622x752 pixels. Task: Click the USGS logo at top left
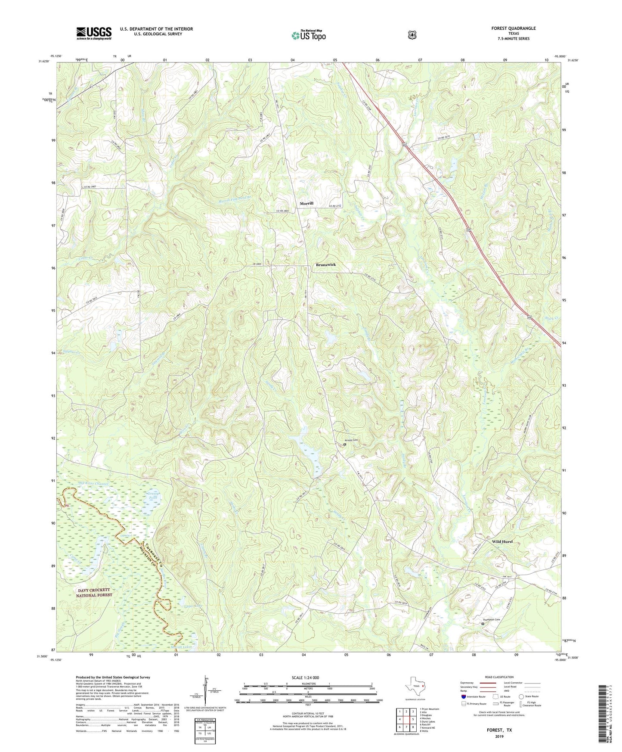[94, 33]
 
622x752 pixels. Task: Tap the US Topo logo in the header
[308, 35]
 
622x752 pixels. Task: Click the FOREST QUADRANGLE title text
[513, 28]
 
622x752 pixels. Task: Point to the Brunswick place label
[325, 265]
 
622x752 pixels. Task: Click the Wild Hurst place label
[502, 542]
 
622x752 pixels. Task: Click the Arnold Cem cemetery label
[351, 440]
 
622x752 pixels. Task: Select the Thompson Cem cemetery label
[491, 619]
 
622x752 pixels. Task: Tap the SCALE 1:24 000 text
[305, 677]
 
